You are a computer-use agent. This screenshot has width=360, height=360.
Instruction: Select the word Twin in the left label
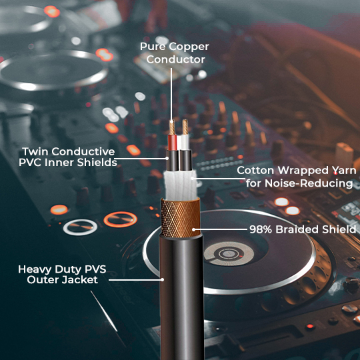[x=35, y=151]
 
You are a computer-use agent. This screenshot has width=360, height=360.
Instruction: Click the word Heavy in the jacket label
[x=35, y=269]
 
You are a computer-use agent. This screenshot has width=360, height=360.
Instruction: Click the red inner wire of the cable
[x=172, y=141]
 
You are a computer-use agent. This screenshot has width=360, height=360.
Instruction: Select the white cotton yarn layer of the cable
[x=179, y=183]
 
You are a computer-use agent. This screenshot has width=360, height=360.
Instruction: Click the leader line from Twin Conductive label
[x=143, y=157]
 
